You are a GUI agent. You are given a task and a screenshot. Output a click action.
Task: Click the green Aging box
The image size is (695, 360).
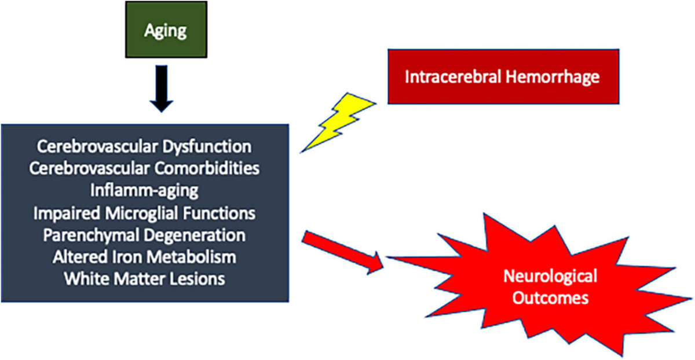pyautogui.click(x=166, y=30)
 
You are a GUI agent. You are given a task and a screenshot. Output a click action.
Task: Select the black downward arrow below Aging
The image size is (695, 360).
pyautogui.click(x=162, y=89)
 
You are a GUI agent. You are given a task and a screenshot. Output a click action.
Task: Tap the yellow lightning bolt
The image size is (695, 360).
pyautogui.click(x=338, y=123)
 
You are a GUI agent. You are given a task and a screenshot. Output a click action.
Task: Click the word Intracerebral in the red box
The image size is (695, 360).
pyautogui.click(x=453, y=76)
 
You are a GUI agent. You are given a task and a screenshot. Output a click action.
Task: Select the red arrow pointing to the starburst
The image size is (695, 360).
pyautogui.click(x=343, y=252)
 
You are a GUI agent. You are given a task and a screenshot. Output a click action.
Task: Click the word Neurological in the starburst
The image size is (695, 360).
pyautogui.click(x=550, y=276)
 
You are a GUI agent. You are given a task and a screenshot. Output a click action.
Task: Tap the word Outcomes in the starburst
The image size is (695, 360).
pyautogui.click(x=550, y=298)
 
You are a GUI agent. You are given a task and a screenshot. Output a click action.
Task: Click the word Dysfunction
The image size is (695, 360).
pyautogui.click(x=207, y=147)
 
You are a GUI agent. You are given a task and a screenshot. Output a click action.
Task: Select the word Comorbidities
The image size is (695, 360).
pyautogui.click(x=207, y=168)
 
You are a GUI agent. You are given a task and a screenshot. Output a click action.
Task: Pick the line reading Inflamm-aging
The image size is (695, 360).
pyautogui.click(x=144, y=190)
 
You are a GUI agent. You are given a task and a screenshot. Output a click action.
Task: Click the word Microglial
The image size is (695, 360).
pyautogui.click(x=141, y=213)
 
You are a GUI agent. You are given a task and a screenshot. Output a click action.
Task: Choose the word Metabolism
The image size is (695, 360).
pyautogui.click(x=192, y=257)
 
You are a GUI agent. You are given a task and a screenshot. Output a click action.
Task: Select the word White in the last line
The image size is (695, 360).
pyautogui.click(x=87, y=279)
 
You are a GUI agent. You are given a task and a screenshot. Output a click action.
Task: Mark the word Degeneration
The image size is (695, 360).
pyautogui.click(x=195, y=236)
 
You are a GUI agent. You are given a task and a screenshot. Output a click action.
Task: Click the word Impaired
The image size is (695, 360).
pyautogui.click(x=67, y=214)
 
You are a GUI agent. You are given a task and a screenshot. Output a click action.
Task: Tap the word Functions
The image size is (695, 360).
pyautogui.click(x=219, y=213)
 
